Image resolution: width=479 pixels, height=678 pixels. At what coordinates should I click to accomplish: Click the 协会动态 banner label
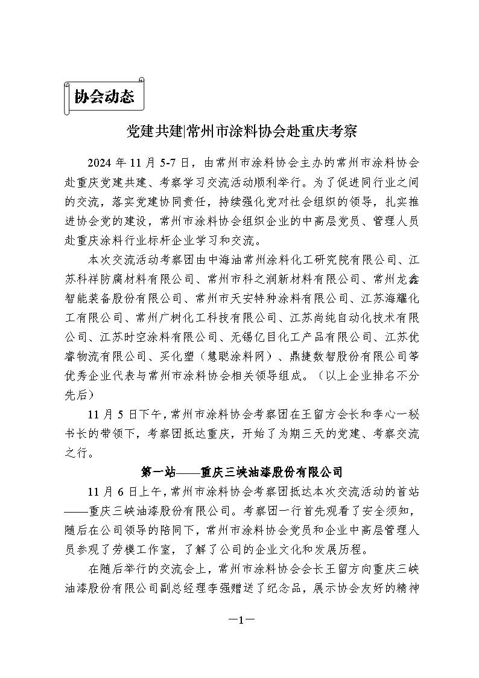[x=104, y=97]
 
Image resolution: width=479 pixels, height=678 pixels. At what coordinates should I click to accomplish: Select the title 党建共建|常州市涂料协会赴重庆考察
[x=239, y=130]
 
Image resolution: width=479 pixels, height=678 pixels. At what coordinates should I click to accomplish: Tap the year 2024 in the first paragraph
[x=100, y=163]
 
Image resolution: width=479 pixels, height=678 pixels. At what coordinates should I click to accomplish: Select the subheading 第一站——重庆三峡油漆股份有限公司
[x=241, y=472]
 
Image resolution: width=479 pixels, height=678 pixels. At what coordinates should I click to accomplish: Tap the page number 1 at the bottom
[x=239, y=621]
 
